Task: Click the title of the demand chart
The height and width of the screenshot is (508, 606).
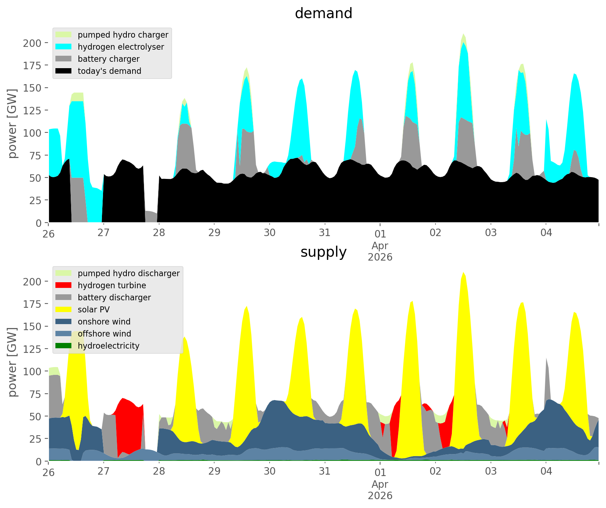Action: (x=323, y=13)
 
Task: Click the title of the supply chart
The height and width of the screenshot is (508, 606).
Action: (x=323, y=252)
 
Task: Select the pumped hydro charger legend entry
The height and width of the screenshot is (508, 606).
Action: (x=123, y=35)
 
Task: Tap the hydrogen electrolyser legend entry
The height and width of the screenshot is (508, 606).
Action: (x=120, y=47)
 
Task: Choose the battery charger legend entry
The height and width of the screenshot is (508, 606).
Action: (x=108, y=59)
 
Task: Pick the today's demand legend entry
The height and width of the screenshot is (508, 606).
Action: (x=109, y=71)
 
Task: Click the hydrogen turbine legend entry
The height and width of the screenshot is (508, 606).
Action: (x=112, y=285)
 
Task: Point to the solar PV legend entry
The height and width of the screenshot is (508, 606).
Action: (x=93, y=310)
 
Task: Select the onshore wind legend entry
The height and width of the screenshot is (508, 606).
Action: (x=104, y=322)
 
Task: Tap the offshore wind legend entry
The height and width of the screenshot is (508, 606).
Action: (x=104, y=334)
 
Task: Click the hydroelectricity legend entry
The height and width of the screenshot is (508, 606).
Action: (x=108, y=346)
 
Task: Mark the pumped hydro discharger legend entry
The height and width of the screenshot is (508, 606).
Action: (x=128, y=273)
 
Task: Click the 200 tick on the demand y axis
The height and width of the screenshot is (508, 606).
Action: (x=32, y=43)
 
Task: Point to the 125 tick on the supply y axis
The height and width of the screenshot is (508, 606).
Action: (x=32, y=349)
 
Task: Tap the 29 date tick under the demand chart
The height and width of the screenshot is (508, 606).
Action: (x=214, y=233)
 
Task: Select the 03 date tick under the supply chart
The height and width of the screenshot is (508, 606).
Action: (x=491, y=471)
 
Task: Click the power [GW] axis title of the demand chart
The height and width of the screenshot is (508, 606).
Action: (x=12, y=124)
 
